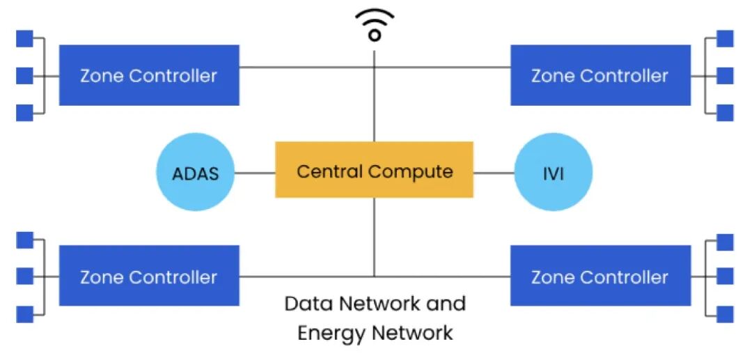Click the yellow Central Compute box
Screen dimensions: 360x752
[x=374, y=170]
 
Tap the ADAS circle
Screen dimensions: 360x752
[x=194, y=172]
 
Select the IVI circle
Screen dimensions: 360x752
[x=553, y=172]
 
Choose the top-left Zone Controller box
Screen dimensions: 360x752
[x=149, y=75]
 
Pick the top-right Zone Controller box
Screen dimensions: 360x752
[x=600, y=75]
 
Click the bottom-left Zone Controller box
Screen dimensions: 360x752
[x=149, y=276]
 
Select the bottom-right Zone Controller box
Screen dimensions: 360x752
[x=600, y=276]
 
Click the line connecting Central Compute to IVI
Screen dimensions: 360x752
[x=493, y=172]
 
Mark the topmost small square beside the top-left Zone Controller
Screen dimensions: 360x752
[x=24, y=38]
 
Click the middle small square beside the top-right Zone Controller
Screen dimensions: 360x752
[x=725, y=75]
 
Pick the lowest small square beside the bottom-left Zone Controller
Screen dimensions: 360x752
[x=24, y=314]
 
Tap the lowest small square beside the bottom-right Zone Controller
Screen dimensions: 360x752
[x=725, y=314]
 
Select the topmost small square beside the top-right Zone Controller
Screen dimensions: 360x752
[x=725, y=38]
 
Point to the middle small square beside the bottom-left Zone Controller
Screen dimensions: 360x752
[x=24, y=276]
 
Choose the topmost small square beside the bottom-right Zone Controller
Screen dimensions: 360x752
[x=725, y=242]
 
